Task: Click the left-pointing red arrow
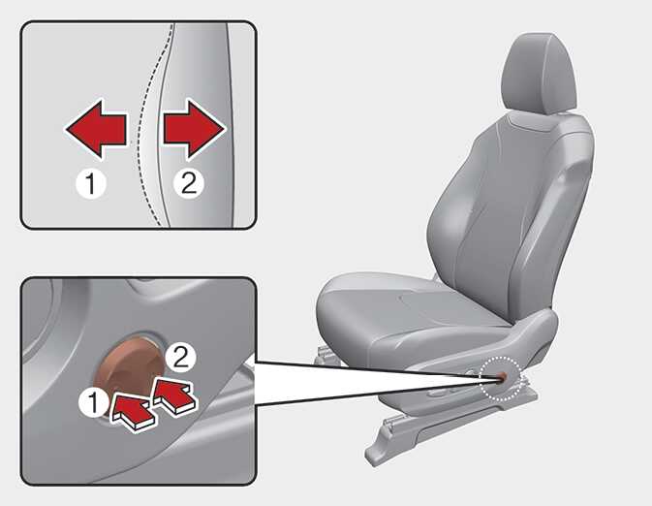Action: coord(97,129)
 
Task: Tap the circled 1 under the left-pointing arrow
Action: coord(91,183)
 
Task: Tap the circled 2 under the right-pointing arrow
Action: coord(188,182)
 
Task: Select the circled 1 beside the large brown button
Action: coord(94,403)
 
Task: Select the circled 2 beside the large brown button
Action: coord(181,357)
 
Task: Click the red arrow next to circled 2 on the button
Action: coord(174,395)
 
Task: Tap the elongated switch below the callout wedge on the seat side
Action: coord(442,392)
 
